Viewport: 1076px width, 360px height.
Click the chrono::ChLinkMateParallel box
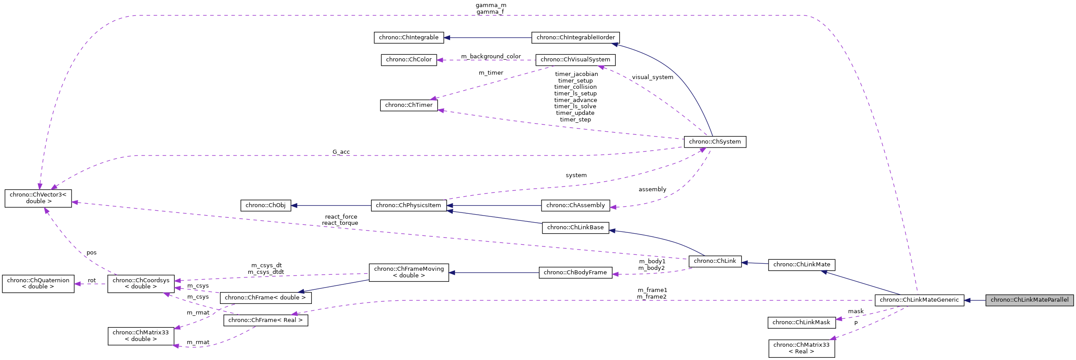1029,299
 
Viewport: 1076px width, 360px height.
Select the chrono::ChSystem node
715,142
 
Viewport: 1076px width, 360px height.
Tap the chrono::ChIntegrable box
409,38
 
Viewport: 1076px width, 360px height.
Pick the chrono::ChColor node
409,60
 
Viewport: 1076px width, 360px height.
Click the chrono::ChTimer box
409,105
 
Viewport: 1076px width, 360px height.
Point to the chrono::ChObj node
265,205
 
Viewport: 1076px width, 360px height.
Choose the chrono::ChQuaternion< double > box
38,284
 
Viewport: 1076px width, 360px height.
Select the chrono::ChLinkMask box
801,322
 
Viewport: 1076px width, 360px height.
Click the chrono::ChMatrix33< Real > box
801,348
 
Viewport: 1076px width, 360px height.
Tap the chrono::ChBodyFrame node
575,273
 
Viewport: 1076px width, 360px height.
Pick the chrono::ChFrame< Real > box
265,320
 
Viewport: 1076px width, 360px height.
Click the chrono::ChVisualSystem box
575,60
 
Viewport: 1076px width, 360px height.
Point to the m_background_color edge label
491,57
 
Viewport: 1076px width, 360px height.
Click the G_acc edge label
341,152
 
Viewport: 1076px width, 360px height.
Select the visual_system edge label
652,77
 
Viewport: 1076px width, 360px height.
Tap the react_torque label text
340,223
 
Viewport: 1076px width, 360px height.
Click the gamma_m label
491,5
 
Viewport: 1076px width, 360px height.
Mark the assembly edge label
652,189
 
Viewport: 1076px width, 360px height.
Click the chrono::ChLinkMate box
801,265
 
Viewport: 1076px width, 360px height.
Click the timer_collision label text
575,87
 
